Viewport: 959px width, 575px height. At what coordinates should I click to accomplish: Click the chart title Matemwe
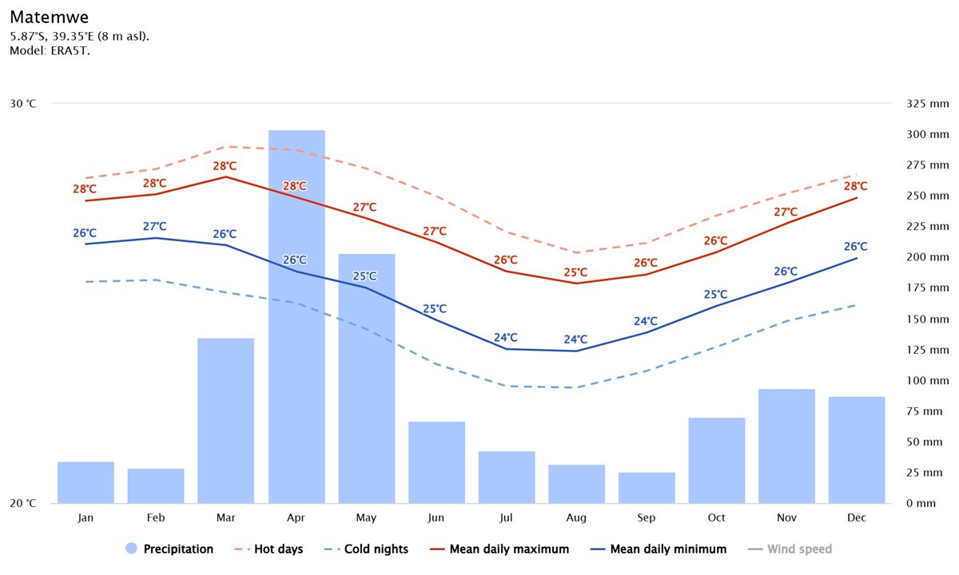pyautogui.click(x=50, y=17)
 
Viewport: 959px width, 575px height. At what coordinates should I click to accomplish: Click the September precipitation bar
pyautogui.click(x=647, y=488)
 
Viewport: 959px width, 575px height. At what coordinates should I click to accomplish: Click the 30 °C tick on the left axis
pyautogui.click(x=23, y=104)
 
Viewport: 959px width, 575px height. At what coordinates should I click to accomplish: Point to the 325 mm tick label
pyautogui.click(x=928, y=104)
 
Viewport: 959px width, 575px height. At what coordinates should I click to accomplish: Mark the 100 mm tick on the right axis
pyautogui.click(x=928, y=381)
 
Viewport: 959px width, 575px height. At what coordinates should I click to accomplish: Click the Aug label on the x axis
pyautogui.click(x=576, y=518)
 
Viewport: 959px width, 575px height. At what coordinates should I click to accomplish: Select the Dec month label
pyautogui.click(x=857, y=518)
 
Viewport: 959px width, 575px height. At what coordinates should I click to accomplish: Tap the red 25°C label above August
pyautogui.click(x=575, y=272)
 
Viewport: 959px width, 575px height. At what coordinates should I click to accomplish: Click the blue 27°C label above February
pyautogui.click(x=155, y=227)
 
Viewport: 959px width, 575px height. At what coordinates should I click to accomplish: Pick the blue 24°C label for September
pyautogui.click(x=646, y=322)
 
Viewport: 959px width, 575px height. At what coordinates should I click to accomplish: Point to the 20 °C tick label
pyautogui.click(x=23, y=504)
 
